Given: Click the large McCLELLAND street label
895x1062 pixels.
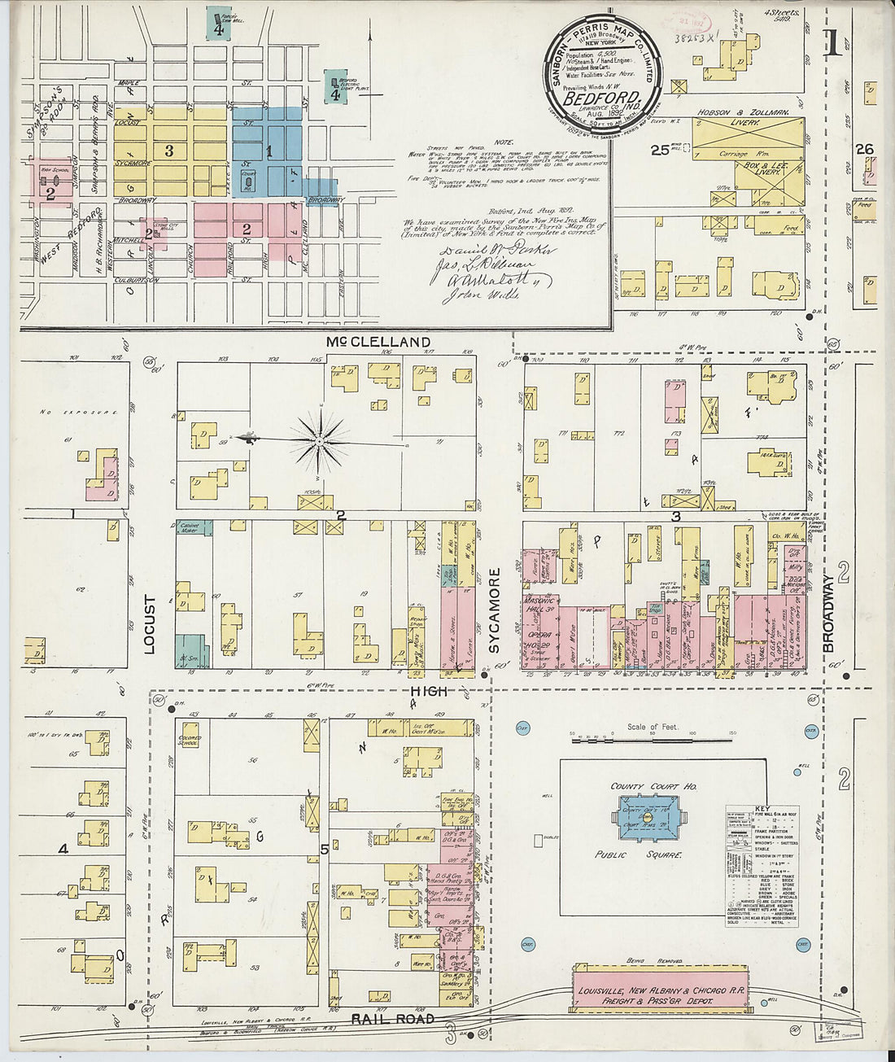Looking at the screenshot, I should pyautogui.click(x=379, y=342).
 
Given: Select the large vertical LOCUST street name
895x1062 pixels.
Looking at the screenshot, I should pyautogui.click(x=149, y=624).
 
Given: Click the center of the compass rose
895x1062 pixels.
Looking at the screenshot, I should pyautogui.click(x=320, y=441).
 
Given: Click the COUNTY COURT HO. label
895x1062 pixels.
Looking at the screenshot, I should pyautogui.click(x=654, y=787).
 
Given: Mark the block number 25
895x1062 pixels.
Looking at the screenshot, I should pyautogui.click(x=660, y=150).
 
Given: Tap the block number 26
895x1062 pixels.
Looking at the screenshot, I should pyautogui.click(x=864, y=149).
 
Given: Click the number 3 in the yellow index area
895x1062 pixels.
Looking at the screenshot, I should pyautogui.click(x=169, y=151).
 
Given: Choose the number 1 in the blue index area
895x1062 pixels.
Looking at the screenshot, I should pyautogui.click(x=269, y=151).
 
